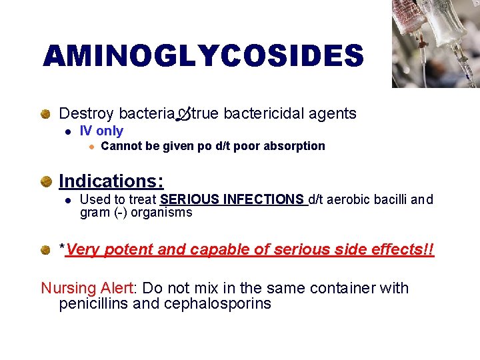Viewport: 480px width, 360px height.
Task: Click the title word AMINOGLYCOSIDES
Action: coord(203,56)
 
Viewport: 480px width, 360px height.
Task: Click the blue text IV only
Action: coord(101,131)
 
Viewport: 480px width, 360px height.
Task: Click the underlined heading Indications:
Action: coord(111,181)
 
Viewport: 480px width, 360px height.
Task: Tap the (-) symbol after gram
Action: coord(114,213)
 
